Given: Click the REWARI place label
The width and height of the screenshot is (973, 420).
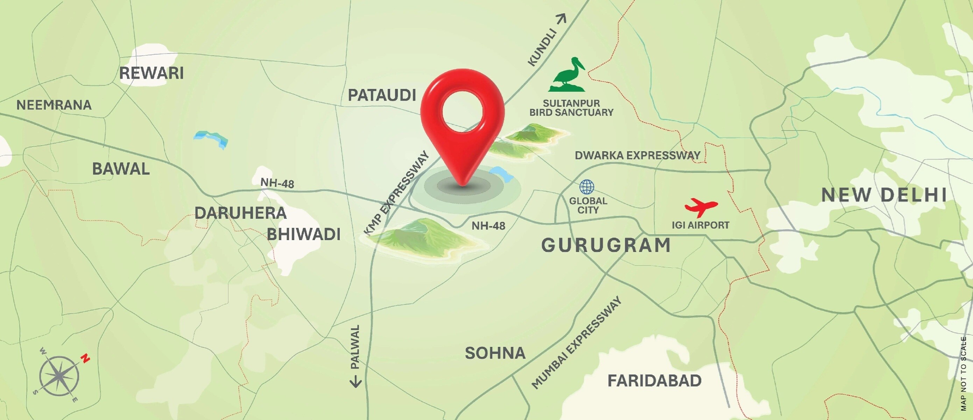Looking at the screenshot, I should [151, 73].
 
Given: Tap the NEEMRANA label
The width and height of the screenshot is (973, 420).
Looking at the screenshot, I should [54, 105].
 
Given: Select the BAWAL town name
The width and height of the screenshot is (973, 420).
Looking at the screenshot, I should [121, 169].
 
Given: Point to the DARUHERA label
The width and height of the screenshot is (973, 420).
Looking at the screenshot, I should [241, 213].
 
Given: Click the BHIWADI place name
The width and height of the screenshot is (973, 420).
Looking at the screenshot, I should [304, 234].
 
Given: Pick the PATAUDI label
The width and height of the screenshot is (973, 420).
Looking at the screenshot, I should [382, 95].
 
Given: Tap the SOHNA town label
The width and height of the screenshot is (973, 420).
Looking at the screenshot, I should [495, 353].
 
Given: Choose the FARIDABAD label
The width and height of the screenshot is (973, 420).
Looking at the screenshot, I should [654, 381].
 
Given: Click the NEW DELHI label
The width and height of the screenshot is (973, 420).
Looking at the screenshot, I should [884, 195].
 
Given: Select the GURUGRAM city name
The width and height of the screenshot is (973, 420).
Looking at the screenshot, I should [606, 245].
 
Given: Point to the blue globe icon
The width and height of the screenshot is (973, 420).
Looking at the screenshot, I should [587, 187].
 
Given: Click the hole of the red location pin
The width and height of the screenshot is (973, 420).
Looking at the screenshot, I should [463, 111].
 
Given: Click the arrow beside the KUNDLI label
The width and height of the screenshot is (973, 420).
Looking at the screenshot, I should [562, 19].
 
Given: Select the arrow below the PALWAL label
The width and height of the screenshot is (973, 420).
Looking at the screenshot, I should [355, 381].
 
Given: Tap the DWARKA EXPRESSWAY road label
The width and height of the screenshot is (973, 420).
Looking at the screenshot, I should [637, 155].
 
